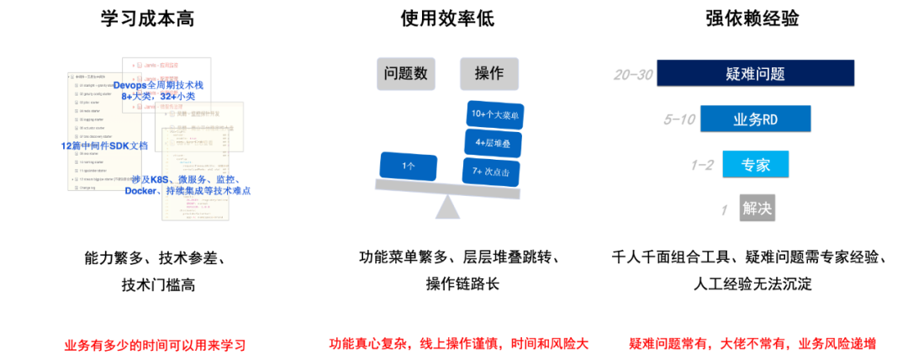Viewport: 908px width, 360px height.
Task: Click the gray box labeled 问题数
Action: pos(406,74)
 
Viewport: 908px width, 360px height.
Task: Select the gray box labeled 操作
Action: pos(488,74)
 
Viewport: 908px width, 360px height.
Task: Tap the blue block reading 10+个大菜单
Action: pos(494,114)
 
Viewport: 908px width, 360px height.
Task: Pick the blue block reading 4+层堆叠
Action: pos(493,142)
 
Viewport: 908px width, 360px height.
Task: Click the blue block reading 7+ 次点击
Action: pos(492,171)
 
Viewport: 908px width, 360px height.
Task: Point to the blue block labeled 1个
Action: pos(409,166)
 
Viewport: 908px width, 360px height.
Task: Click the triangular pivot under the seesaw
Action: pos(447,208)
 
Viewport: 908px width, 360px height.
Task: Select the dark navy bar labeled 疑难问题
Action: pos(755,72)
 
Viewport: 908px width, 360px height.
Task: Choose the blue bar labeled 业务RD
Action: pos(755,119)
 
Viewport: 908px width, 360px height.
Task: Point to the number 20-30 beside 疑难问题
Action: pos(633,75)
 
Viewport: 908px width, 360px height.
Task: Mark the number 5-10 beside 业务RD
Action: pos(679,119)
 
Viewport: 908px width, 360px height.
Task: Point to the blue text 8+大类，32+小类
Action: pos(157,97)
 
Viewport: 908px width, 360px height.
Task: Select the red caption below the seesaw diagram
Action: pos(459,343)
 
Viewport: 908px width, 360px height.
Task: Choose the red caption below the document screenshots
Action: pos(156,345)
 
